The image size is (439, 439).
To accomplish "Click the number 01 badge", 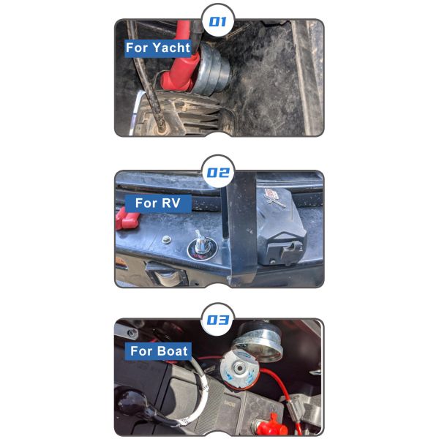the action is coord(218,21).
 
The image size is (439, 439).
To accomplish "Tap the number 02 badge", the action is coord(218,172).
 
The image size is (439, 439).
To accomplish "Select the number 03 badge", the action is coord(218,320).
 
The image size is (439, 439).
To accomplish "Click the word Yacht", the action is coord(171,48).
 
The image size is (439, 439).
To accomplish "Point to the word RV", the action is coord(170,203).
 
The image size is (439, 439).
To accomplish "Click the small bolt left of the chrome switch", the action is coord(167,240).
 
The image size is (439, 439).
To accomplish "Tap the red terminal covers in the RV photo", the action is coord(127,219).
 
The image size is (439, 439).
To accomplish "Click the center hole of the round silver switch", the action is coord(239,367).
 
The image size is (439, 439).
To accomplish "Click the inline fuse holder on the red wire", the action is coord(292,409).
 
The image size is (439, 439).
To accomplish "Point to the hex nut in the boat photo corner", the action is coord(132,333).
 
